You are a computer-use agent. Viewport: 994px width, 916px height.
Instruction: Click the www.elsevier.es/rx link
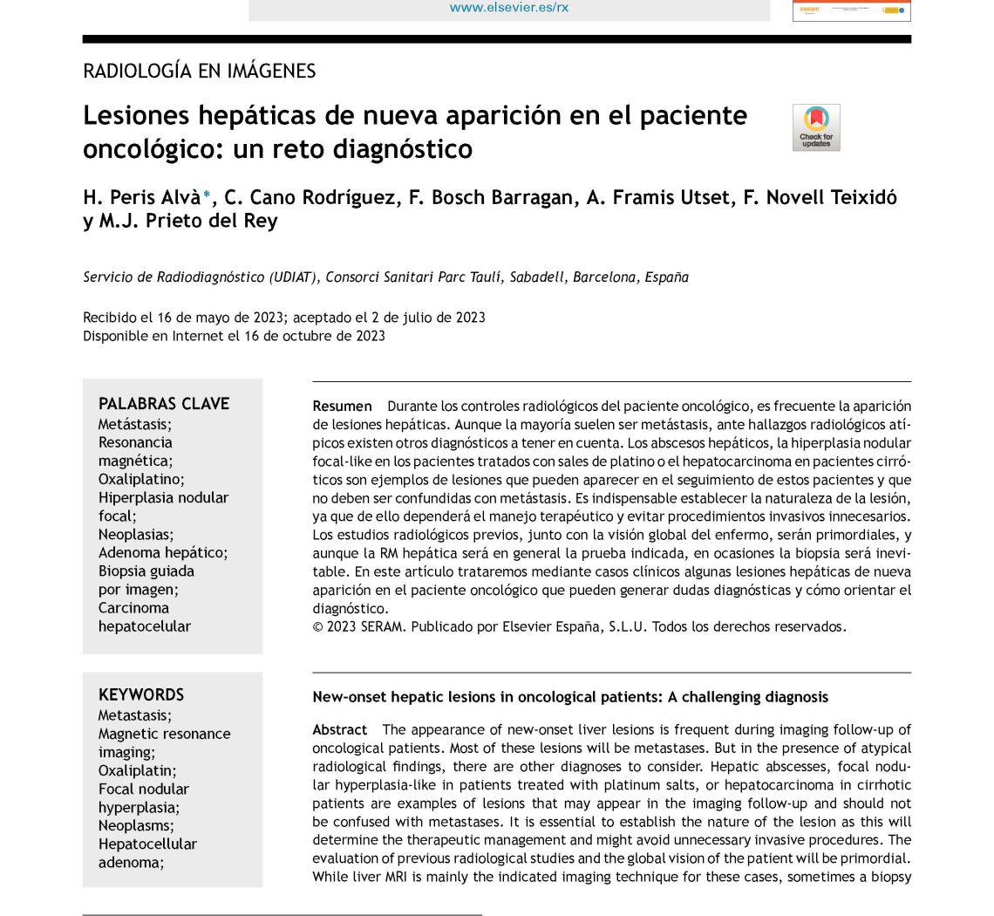(509, 8)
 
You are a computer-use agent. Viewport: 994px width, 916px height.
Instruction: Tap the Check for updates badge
(816, 127)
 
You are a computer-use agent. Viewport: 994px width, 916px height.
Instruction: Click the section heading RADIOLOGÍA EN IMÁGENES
(199, 72)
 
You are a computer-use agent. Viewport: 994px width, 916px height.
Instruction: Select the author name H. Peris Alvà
(142, 198)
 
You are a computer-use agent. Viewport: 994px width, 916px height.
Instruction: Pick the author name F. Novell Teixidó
(820, 198)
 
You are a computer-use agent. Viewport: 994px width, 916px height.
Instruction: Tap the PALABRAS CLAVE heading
(164, 404)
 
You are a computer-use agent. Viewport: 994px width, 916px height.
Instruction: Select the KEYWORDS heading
(141, 695)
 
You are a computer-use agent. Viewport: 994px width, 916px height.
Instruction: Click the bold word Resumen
(342, 407)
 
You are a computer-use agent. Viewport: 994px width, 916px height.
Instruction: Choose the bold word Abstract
(340, 730)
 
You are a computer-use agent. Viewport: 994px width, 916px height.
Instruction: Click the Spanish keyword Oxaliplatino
(140, 479)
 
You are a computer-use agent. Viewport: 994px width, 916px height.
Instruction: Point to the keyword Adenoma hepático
(162, 552)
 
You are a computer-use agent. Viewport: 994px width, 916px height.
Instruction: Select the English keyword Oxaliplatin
(136, 770)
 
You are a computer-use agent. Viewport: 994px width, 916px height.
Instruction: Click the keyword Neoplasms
(135, 825)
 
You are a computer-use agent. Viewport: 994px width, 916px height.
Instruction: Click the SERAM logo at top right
(851, 10)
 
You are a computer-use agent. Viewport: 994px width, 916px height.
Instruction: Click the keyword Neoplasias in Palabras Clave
(135, 534)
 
